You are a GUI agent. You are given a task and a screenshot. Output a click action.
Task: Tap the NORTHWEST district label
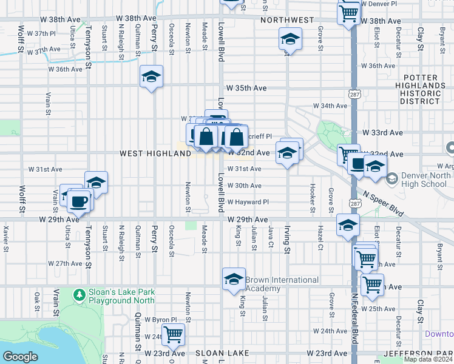tap(287, 20)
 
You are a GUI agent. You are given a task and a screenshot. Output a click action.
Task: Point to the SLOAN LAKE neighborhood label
tap(219, 353)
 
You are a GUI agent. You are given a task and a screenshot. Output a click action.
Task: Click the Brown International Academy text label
tap(282, 284)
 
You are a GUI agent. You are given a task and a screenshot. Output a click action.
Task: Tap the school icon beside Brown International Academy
tap(234, 279)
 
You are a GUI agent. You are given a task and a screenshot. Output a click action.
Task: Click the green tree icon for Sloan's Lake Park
tap(78, 295)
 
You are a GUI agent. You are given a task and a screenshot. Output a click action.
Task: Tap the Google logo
tap(20, 357)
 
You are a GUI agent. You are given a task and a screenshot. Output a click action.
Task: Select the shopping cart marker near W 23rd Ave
tap(173, 334)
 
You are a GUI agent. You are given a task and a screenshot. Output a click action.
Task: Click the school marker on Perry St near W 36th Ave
tap(151, 76)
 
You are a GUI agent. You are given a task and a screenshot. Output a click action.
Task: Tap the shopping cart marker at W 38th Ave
tap(349, 12)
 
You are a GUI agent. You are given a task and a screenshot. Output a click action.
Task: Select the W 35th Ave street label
tap(246, 88)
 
